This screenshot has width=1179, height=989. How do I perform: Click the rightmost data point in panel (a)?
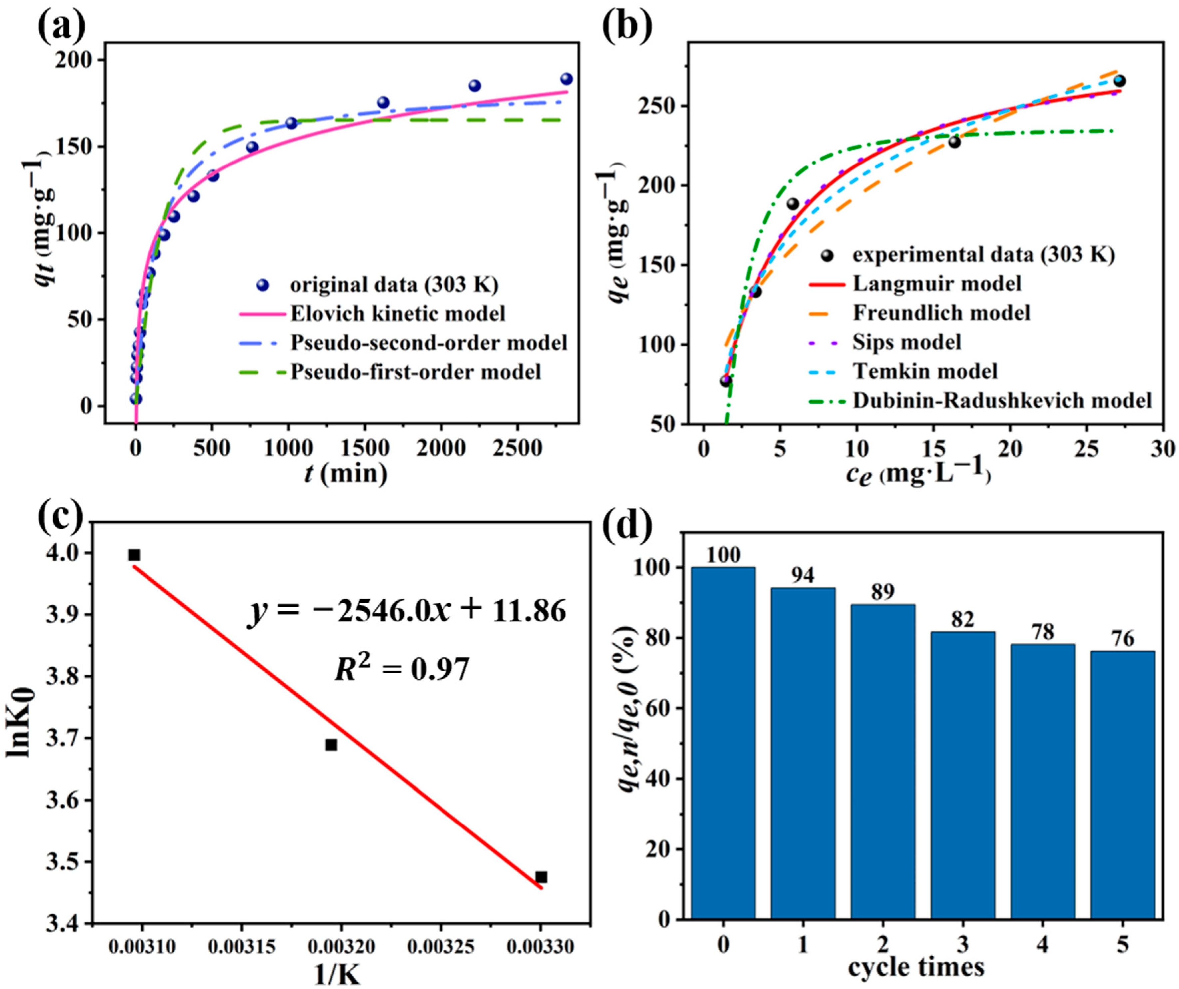tap(566, 79)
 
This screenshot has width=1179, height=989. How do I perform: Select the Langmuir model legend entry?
tap(937, 284)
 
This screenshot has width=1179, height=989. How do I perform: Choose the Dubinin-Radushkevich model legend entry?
tap(1002, 401)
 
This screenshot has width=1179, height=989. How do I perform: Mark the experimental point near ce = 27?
tap(1119, 81)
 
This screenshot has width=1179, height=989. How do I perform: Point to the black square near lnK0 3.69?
tap(331, 745)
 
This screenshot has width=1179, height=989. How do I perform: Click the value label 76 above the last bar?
tap(1122, 639)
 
